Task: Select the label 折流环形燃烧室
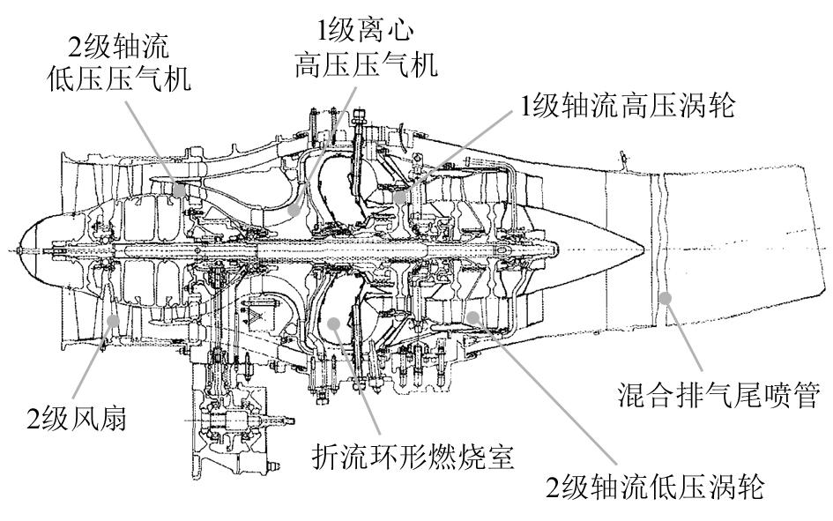tap(413, 457)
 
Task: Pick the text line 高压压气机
tap(366, 65)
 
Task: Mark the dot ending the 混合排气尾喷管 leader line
tap(666, 298)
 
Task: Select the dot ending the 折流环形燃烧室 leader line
tap(334, 324)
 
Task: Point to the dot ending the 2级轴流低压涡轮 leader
tap(473, 315)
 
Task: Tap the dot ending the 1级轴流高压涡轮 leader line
tap(401, 196)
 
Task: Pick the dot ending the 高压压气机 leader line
tap(294, 212)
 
